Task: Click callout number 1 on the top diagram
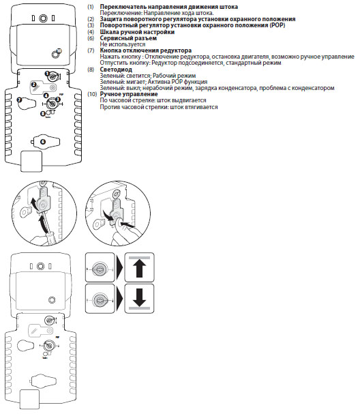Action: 47,73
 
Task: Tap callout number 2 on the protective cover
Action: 33,85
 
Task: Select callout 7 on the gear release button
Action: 19,100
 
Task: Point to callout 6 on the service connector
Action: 43,142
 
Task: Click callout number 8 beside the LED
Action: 43,114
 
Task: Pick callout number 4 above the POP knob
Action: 46,95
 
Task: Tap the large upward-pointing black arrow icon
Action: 139,268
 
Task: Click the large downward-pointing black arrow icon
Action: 139,297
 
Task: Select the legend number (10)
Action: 92,94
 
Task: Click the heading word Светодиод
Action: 116,70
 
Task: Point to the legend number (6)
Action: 91,38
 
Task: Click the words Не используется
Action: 123,44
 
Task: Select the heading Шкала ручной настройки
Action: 137,32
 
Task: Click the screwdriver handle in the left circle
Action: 50,237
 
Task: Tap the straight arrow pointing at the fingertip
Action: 127,224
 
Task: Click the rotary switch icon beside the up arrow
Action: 100,269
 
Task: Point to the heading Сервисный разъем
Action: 128,38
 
